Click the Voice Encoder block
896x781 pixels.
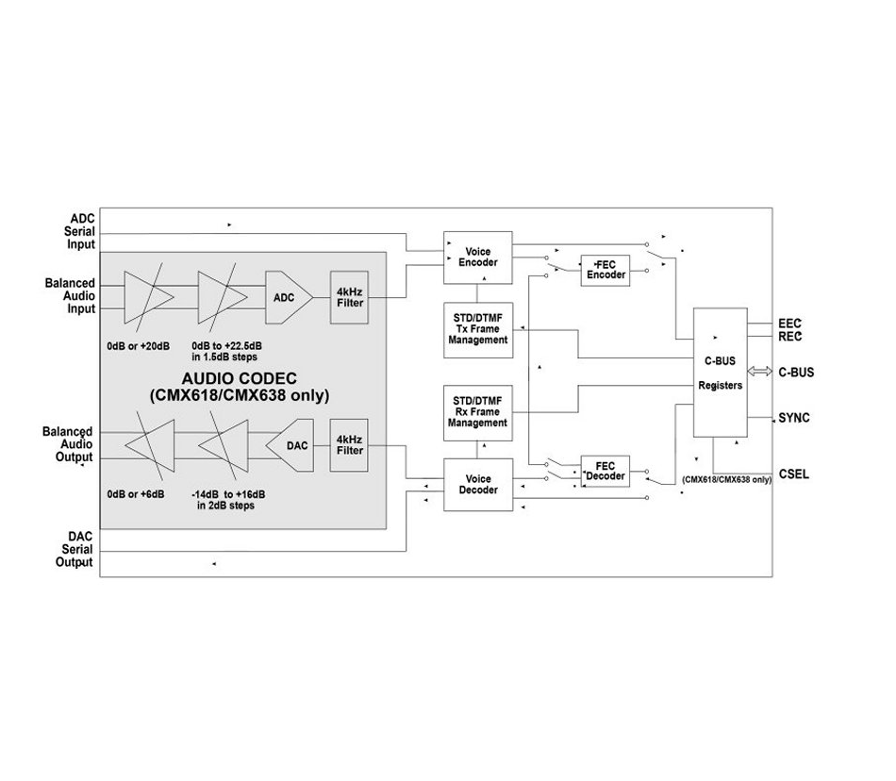(478, 258)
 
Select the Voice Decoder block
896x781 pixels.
(478, 485)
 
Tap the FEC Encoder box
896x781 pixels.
(606, 270)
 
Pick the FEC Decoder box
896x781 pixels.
(606, 472)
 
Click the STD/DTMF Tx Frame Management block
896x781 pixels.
(478, 330)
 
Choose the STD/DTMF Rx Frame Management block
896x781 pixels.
(478, 413)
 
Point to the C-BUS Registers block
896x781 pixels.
(720, 373)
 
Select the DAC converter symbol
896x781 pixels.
(290, 445)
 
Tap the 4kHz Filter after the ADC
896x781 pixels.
(349, 297)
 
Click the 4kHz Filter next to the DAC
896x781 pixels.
(349, 445)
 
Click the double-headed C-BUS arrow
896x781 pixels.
(759, 372)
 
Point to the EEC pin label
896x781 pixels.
(789, 324)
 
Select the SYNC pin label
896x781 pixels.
(794, 418)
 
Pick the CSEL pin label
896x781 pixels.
(794, 474)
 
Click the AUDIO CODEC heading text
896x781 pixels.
(240, 378)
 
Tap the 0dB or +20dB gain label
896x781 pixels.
(139, 346)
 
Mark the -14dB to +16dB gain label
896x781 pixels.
(228, 495)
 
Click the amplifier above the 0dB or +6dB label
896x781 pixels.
(150, 445)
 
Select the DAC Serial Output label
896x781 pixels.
(75, 549)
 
